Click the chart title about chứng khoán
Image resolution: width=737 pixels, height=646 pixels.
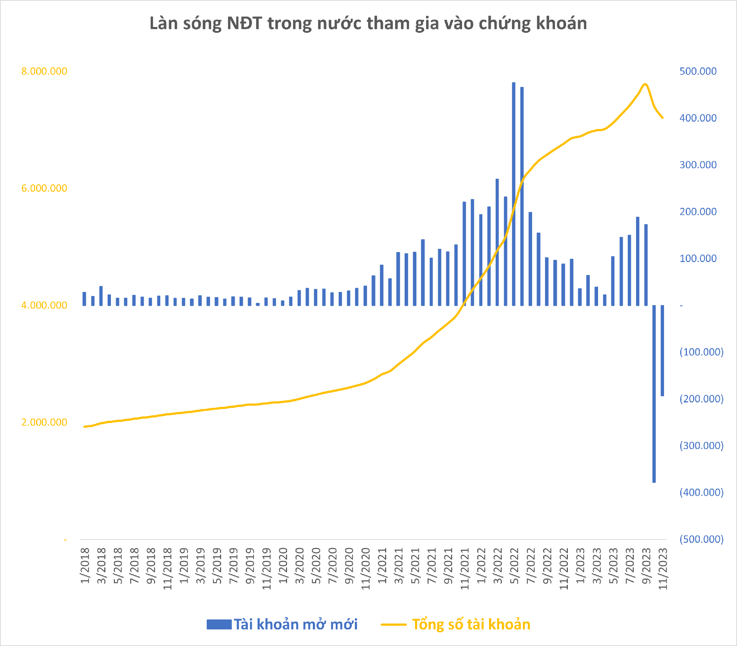(368, 23)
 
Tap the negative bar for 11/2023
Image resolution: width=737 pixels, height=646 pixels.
(662, 350)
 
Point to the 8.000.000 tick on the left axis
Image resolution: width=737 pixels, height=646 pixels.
(44, 71)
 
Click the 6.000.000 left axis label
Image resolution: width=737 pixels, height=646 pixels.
(44, 188)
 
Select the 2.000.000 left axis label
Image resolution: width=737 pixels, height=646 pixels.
(44, 422)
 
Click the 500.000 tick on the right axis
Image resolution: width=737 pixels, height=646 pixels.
(698, 71)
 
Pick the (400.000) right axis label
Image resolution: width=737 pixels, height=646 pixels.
(701, 492)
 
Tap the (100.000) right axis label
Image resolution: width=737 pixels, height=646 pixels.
(701, 352)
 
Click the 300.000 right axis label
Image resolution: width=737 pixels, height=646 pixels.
(698, 165)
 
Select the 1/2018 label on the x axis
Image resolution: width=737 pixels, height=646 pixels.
(85, 566)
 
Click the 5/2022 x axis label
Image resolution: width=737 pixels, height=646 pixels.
(514, 566)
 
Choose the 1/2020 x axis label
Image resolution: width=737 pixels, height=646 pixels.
(283, 566)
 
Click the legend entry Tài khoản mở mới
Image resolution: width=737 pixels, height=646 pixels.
(282, 625)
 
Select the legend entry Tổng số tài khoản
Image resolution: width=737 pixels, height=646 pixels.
(456, 625)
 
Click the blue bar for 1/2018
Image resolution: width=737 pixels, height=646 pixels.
(84, 299)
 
